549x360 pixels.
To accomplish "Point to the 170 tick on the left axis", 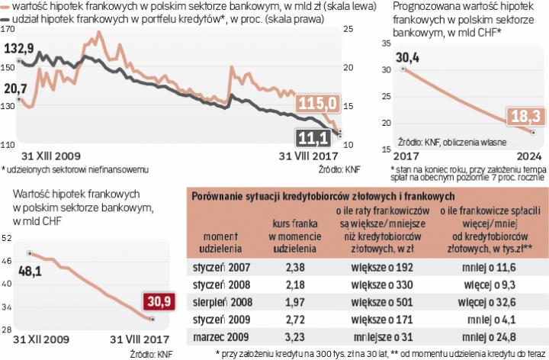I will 8,30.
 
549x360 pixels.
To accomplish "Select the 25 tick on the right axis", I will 349,30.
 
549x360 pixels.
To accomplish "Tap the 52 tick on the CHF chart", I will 7,239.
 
